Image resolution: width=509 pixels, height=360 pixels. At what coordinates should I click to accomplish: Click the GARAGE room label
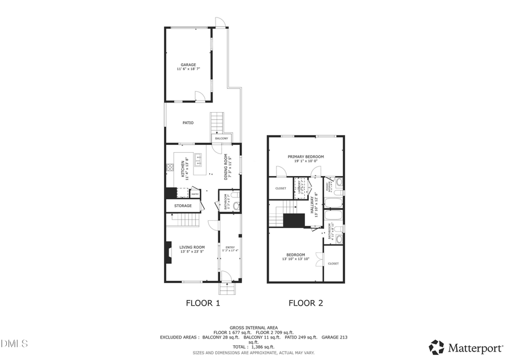[188, 65]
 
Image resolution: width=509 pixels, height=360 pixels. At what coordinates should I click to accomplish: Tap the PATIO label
[188, 122]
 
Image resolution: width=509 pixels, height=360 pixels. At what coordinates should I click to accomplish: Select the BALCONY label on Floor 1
[221, 139]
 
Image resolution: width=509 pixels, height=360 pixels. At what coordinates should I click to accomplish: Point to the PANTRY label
[194, 194]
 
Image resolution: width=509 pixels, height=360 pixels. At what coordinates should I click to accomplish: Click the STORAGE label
[183, 205]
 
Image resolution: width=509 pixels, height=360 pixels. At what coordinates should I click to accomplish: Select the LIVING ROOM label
[192, 247]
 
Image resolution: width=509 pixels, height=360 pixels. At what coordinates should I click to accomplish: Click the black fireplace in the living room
[169, 252]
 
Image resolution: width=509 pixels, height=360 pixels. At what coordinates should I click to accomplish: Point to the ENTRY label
[230, 247]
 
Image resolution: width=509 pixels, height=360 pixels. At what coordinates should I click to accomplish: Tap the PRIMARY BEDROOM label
[305, 157]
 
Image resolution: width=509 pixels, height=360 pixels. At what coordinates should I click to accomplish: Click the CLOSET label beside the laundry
[281, 188]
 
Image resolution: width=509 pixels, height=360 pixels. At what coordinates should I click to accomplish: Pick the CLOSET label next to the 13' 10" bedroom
[333, 263]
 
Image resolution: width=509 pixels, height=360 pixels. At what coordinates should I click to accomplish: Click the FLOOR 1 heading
[202, 303]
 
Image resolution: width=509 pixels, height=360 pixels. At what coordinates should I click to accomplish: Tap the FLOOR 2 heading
[305, 303]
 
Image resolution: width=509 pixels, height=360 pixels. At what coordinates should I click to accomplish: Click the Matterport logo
[466, 346]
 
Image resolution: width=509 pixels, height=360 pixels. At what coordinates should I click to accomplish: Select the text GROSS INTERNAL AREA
[253, 328]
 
